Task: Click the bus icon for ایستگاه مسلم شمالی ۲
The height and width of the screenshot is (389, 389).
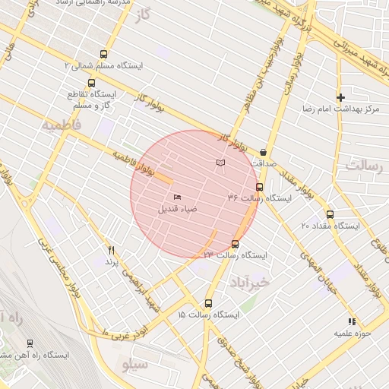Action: pos(103,54)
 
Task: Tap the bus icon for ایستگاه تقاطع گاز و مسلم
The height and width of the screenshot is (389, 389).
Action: pos(92,83)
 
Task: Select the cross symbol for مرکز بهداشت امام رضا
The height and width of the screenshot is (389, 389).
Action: pos(340,97)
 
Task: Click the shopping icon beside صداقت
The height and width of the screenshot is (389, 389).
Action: pos(263,152)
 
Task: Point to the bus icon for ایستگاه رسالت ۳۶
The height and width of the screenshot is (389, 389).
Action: pos(259,186)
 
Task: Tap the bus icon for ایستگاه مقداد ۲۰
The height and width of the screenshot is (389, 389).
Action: pos(329,214)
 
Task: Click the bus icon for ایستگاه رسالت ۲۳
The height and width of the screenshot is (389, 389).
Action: pos(234,244)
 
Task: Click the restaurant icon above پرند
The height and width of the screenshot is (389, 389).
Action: pos(111,250)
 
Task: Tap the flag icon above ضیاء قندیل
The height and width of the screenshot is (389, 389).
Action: pos(177,198)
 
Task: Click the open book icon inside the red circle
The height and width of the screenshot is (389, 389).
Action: pos(220,163)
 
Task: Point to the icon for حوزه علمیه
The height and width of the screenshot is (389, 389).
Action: pos(351,322)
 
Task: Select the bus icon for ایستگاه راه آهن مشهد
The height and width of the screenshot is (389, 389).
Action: pos(30,343)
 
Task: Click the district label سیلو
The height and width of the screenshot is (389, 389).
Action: pos(135,365)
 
